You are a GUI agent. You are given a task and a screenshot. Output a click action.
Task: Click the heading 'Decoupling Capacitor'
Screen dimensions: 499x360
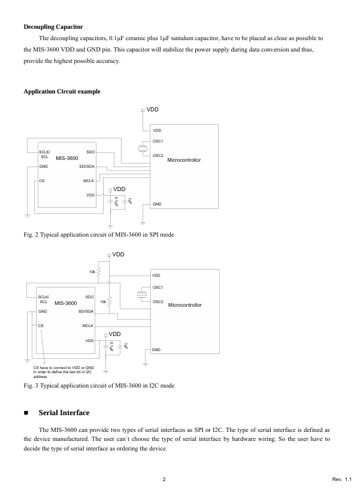(53, 26)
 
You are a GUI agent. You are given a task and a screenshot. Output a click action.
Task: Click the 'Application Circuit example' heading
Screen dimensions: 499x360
(62, 91)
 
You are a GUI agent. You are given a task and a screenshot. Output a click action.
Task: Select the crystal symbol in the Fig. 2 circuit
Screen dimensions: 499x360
(143, 149)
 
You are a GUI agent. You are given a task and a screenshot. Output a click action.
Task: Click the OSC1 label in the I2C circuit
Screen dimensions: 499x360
(158, 288)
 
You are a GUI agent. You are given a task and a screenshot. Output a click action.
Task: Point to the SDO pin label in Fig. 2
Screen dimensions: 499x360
(90, 152)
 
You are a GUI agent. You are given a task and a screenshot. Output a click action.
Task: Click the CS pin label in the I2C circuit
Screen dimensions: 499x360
(41, 325)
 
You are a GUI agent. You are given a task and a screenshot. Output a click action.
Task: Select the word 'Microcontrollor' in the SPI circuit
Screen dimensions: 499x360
(184, 161)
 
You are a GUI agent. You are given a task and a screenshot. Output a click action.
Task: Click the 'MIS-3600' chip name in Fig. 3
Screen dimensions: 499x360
(66, 303)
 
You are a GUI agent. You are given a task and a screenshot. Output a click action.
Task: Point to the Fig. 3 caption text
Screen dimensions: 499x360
(99, 385)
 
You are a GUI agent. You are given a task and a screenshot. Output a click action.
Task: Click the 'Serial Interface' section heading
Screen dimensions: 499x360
(63, 413)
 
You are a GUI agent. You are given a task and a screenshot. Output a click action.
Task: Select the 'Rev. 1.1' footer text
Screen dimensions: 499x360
(341, 479)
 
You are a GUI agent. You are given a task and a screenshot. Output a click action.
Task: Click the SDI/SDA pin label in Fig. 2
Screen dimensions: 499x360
(87, 166)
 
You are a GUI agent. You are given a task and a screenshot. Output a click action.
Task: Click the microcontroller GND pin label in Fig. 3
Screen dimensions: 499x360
(156, 349)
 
